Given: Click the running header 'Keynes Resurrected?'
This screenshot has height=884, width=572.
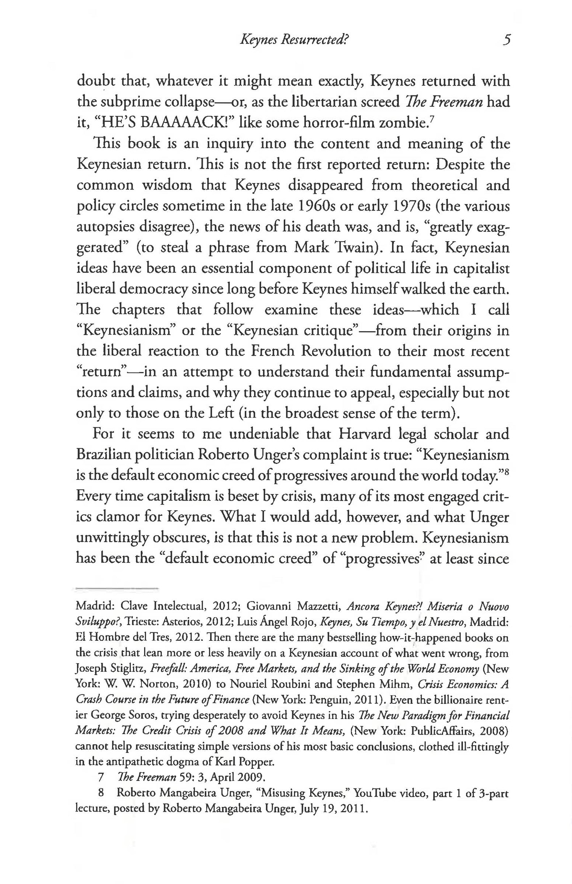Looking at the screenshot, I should [292, 40].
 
